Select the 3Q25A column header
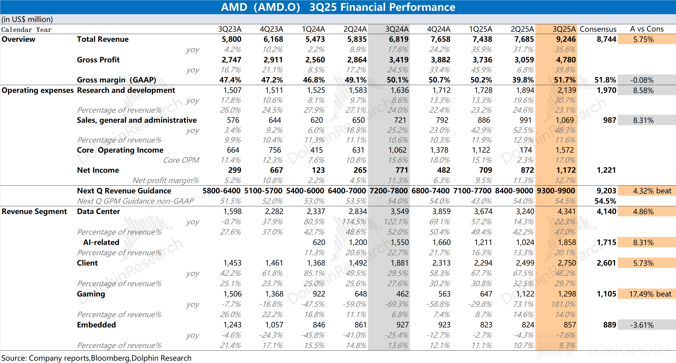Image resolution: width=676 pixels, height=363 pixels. pyautogui.click(x=564, y=29)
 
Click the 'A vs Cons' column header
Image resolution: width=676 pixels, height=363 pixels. pyautogui.click(x=647, y=29)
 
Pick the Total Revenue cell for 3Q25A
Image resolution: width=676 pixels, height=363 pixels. pyautogui.click(x=566, y=39)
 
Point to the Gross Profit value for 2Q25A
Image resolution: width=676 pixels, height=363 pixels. pyautogui.click(x=524, y=60)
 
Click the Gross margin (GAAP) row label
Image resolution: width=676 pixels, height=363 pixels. pyautogui.click(x=116, y=80)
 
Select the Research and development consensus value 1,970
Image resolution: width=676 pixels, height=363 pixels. pyautogui.click(x=606, y=90)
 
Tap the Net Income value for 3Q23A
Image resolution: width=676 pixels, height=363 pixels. pyautogui.click(x=234, y=170)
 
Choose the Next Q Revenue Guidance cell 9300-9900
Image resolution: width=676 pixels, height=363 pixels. pyautogui.click(x=556, y=191)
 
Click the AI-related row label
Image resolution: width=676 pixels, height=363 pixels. pyautogui.click(x=101, y=242)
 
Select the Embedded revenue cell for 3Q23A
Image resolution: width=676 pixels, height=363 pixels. pyautogui.click(x=232, y=325)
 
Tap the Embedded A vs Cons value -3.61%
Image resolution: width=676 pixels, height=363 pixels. pyautogui.click(x=642, y=325)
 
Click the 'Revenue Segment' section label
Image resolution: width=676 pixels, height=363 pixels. pyautogui.click(x=34, y=211)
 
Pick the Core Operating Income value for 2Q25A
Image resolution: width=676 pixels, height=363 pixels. pyautogui.click(x=526, y=150)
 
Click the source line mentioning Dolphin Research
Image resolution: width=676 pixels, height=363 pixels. pyautogui.click(x=96, y=358)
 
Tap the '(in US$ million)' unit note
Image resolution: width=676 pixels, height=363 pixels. pyautogui.click(x=27, y=19)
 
